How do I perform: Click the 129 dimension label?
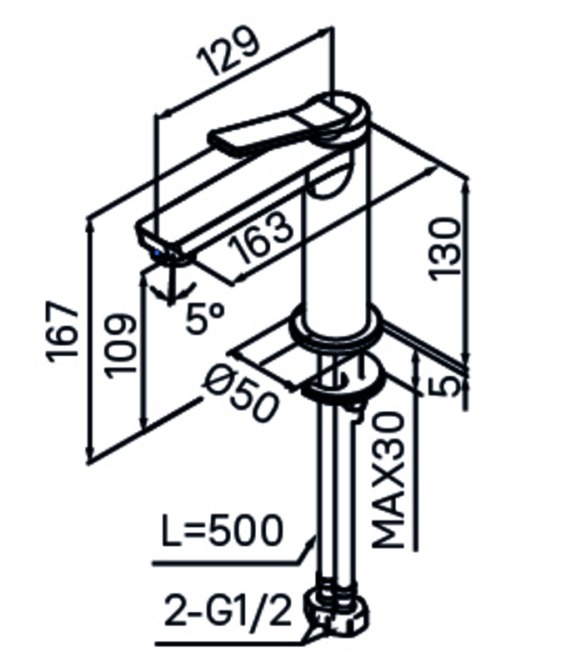coord(228,51)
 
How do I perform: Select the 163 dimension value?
coord(261,238)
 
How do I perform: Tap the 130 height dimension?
coord(445,248)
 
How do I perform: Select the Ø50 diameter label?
coord(241,392)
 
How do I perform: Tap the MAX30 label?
coord(388,480)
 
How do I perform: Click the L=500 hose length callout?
coord(222,530)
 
